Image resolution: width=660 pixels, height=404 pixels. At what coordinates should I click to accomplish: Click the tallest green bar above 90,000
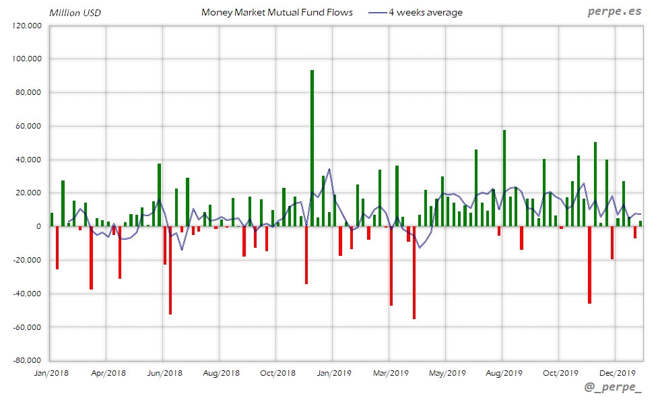[x=312, y=148]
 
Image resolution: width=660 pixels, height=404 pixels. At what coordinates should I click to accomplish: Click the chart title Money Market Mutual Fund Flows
[x=277, y=12]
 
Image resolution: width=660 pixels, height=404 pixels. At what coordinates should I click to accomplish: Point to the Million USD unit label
[x=75, y=12]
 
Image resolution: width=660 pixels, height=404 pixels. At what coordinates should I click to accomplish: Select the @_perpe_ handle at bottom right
[x=613, y=389]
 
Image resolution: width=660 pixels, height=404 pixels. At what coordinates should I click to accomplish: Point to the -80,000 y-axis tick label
[x=26, y=360]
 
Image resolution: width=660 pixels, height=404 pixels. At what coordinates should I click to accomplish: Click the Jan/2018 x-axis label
[x=51, y=372]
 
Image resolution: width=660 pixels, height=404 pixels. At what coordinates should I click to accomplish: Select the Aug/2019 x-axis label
[x=504, y=372]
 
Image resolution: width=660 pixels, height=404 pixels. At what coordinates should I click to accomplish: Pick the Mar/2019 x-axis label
[x=391, y=372]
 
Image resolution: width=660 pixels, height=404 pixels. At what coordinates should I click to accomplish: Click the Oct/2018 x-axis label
[x=277, y=372]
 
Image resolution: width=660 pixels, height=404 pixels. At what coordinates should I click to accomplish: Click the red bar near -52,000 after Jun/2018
[x=170, y=270]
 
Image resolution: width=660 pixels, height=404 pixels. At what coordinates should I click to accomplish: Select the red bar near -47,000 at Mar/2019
[x=391, y=266]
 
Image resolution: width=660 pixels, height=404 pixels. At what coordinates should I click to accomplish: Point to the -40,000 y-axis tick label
[x=26, y=294]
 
